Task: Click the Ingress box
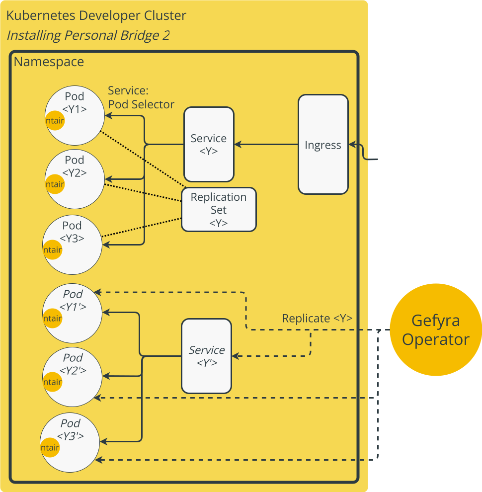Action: (323, 145)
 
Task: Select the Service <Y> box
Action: (209, 144)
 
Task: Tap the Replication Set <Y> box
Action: (219, 209)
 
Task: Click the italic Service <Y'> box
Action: (206, 356)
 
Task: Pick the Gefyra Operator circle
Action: (436, 329)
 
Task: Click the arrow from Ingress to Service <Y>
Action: (266, 145)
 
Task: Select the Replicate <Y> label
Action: (317, 319)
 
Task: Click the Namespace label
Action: (49, 62)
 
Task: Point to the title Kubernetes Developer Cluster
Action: (96, 16)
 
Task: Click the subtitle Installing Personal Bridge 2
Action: (88, 36)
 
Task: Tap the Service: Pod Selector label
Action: (141, 97)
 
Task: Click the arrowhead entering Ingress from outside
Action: (352, 145)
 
